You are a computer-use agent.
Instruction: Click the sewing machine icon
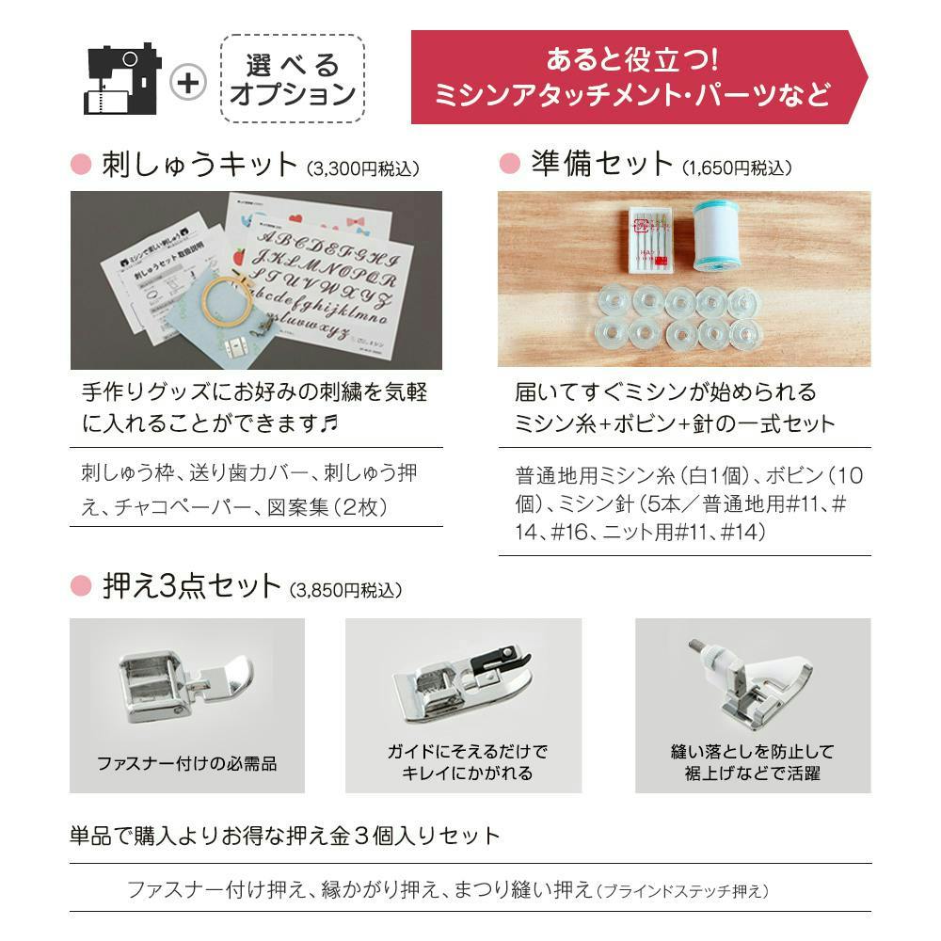point(122,79)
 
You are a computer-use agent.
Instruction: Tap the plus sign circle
point(189,82)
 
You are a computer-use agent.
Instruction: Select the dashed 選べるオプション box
point(293,79)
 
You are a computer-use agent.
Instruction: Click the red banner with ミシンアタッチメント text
point(632,77)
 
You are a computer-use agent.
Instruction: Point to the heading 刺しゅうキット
point(198,166)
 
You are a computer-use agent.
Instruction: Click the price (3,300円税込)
point(363,168)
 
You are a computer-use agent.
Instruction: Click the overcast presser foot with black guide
point(461,692)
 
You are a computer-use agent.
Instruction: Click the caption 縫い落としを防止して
point(752,752)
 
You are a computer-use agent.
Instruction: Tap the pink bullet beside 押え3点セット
point(81,587)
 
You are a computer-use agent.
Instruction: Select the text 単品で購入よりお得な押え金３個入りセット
point(285,836)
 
